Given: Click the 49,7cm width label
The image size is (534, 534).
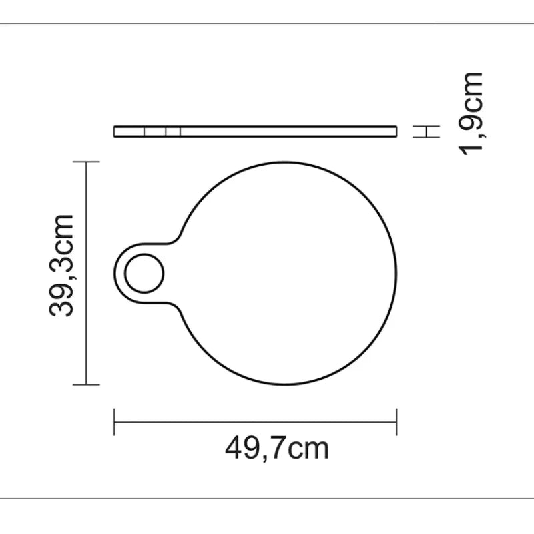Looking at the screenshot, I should pos(276,448).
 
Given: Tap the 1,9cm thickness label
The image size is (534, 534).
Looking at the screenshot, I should pos(471,113).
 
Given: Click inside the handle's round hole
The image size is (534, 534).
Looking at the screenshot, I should pos(144,274).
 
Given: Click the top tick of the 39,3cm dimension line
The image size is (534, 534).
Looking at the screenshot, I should pos(86,162).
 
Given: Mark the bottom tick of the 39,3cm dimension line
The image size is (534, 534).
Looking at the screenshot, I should pos(86,384).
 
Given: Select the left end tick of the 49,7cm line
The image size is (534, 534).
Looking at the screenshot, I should pos(115,422).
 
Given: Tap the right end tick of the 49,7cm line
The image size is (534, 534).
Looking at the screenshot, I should pos(396,422).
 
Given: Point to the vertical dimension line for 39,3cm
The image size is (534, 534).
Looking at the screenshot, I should pos(86,274).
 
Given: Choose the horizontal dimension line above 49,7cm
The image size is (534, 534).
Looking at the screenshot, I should pos(256,422).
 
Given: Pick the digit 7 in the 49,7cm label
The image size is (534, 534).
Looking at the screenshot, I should pos(275,448).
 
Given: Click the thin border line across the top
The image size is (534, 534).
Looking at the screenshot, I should pos(267,24).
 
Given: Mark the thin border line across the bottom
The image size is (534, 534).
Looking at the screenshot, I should pos(267,498).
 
